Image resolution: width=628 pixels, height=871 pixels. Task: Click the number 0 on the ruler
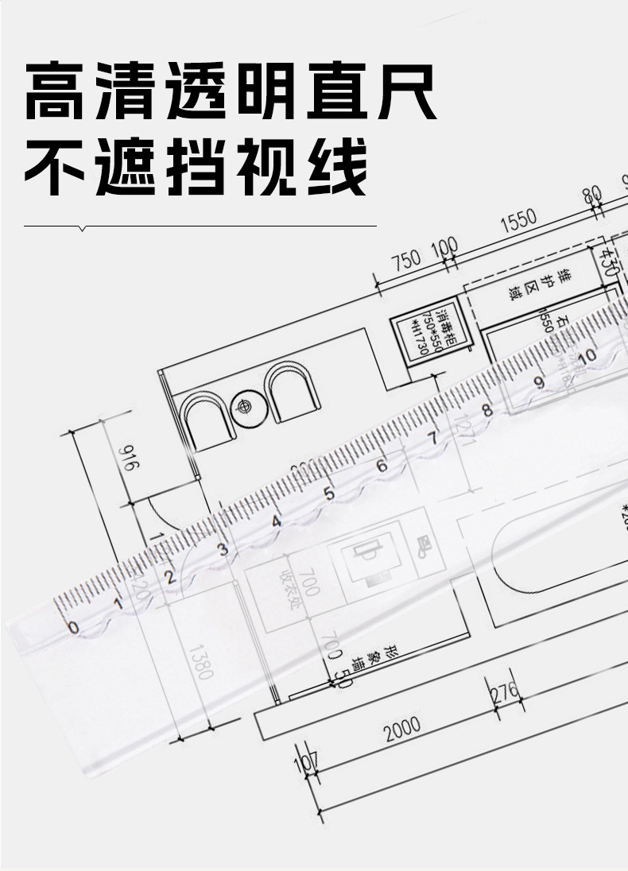tap(73, 628)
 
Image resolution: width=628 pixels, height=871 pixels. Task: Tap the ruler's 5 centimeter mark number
tap(329, 494)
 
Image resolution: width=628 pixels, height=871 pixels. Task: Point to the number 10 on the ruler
tap(587, 355)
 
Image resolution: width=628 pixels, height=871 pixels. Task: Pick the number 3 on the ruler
tap(223, 549)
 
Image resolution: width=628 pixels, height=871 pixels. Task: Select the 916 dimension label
tap(126, 459)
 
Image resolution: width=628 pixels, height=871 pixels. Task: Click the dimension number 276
tap(506, 691)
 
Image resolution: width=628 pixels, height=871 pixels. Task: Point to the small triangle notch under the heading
tap(83, 229)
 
